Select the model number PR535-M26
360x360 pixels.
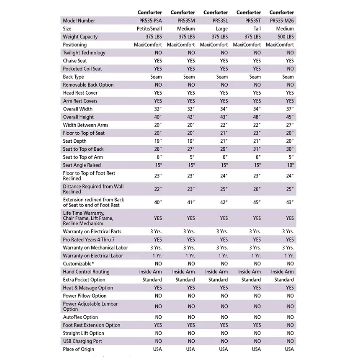[x=282, y=21]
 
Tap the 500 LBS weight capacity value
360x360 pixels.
[x=285, y=37]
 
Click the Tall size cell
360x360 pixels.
[x=256, y=29]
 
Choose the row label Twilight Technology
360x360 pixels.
[x=84, y=53]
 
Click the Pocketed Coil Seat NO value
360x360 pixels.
[x=290, y=69]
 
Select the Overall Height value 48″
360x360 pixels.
[x=256, y=117]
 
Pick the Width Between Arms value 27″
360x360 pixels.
[x=290, y=125]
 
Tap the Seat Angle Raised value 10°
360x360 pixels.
[x=290, y=165]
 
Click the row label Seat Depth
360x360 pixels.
[x=75, y=141]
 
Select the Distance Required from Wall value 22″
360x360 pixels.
[x=158, y=189]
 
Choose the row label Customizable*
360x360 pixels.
[x=78, y=264]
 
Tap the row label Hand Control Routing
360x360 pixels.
[x=86, y=272]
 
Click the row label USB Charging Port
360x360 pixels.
[x=82, y=341]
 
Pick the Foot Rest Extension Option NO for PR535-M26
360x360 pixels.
[x=290, y=325]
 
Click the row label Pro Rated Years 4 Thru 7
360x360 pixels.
[x=89, y=239]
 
